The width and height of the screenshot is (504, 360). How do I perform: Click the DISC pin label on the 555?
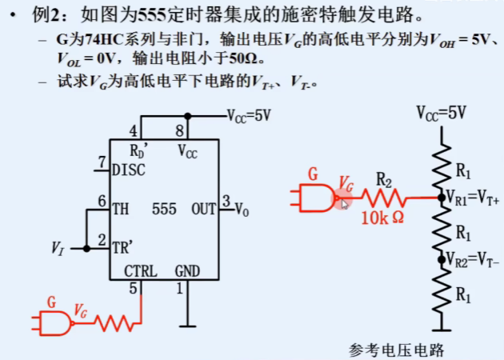[129, 169]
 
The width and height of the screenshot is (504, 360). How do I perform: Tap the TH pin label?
[120, 209]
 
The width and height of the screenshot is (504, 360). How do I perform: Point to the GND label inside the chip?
[187, 270]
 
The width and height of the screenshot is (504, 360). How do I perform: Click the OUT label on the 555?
[203, 209]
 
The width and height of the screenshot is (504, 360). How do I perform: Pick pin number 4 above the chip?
[134, 130]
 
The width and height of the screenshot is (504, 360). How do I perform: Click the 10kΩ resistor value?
[382, 218]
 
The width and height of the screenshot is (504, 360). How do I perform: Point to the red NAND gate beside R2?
[315, 197]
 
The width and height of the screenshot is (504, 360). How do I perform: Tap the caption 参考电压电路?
[396, 350]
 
